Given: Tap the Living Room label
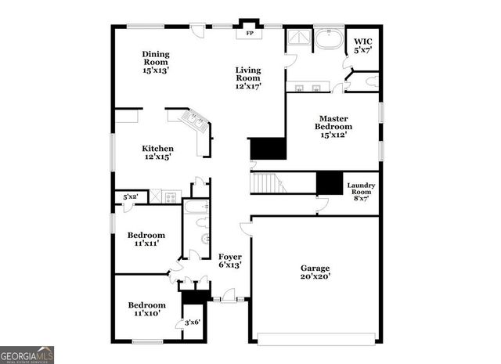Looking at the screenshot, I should (x=247, y=77).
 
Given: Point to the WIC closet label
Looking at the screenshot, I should (x=363, y=46).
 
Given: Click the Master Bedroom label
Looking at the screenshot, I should (x=333, y=125).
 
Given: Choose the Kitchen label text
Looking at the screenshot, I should (x=157, y=153).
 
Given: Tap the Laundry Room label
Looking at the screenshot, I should (x=361, y=192).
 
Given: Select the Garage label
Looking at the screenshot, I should (x=315, y=272).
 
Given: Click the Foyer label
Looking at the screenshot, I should (x=229, y=261).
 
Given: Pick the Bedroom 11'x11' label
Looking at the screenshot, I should (x=146, y=239).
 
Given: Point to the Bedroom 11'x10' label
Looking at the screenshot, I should (x=146, y=308).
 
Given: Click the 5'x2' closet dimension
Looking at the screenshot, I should (x=130, y=196).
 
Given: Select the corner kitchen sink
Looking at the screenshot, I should (x=193, y=120).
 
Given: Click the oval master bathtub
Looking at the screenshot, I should (x=328, y=38).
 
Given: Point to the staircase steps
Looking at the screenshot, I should (x=267, y=184).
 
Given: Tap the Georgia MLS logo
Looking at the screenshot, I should (x=27, y=355).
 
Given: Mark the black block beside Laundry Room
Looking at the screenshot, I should (x=329, y=182).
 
